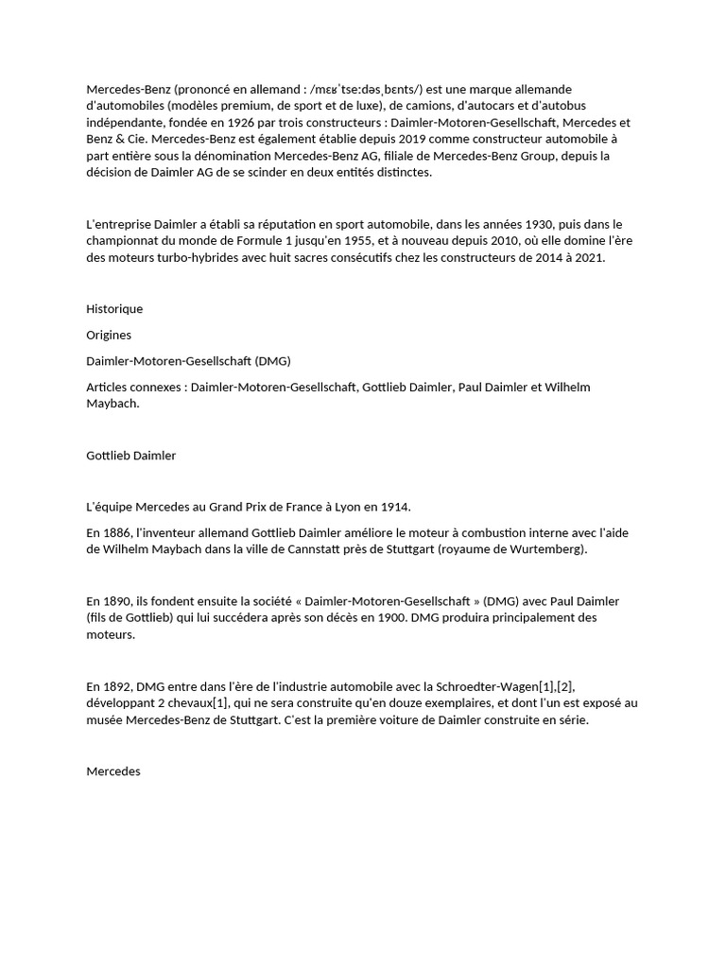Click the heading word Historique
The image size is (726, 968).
(x=114, y=309)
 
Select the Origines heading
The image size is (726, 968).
(x=109, y=335)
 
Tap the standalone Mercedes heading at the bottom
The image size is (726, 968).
(x=113, y=771)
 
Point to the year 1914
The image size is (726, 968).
(x=394, y=507)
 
